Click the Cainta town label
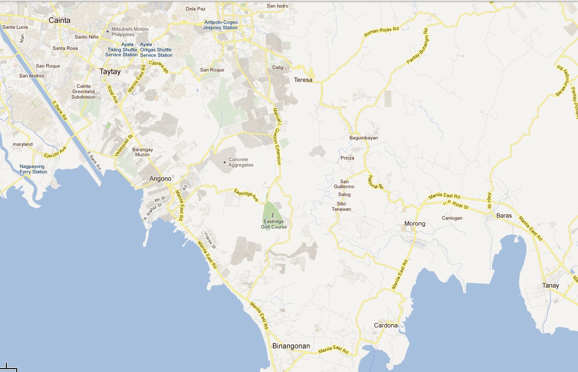[59, 20]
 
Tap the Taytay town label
[110, 71]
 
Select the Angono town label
[161, 179]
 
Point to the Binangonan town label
[291, 346]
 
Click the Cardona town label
[386, 325]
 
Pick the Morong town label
[414, 223]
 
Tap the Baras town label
[504, 216]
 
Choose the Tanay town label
[550, 285]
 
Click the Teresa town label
[303, 80]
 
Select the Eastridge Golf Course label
[274, 224]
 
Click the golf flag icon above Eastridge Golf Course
[274, 215]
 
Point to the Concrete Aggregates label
[241, 162]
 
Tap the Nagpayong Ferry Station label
[33, 169]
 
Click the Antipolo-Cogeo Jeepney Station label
[221, 25]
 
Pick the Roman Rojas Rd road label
[381, 32]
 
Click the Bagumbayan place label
[364, 138]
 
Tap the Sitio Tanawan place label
[341, 206]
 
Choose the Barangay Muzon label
[143, 152]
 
